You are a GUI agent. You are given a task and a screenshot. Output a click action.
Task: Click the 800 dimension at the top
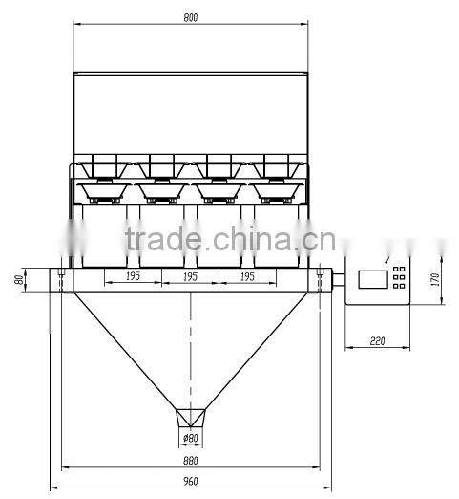(x=193, y=18)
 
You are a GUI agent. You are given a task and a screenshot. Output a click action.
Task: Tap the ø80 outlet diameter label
(x=191, y=439)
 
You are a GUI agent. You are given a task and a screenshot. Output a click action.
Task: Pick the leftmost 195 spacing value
(x=132, y=276)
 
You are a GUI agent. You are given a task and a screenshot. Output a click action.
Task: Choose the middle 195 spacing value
(x=191, y=276)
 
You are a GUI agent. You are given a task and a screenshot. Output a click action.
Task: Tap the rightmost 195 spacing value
(x=248, y=276)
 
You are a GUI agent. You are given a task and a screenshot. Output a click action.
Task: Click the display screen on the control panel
(x=372, y=280)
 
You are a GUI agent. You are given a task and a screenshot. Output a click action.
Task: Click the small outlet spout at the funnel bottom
(x=192, y=418)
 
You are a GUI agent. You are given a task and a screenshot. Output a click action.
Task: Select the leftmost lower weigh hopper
(x=104, y=191)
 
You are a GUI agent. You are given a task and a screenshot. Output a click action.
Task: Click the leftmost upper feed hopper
(x=105, y=163)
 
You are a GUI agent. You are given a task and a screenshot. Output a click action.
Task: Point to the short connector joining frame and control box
(x=332, y=280)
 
